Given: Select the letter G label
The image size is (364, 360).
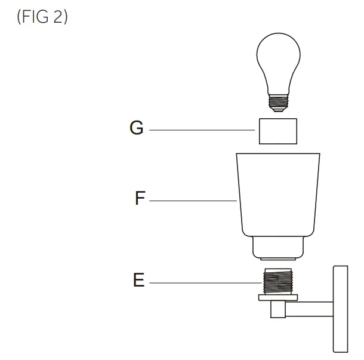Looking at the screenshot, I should pyautogui.click(x=137, y=128).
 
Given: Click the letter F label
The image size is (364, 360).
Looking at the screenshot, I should pyautogui.click(x=140, y=199).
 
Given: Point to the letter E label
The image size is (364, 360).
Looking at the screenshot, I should pyautogui.click(x=138, y=280).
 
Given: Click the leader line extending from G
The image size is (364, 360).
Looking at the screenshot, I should pyautogui.click(x=203, y=130).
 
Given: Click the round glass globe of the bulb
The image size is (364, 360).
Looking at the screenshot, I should pyautogui.click(x=278, y=60).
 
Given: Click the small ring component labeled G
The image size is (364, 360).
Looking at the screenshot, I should pyautogui.click(x=278, y=131).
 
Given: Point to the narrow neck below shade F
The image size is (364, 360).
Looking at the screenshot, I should pyautogui.click(x=278, y=247).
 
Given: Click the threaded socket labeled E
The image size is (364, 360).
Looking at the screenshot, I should pyautogui.click(x=278, y=281).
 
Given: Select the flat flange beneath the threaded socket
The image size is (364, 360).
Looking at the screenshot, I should pyautogui.click(x=278, y=297).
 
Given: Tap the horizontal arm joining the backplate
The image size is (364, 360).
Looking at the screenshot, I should pyautogui.click(x=310, y=309).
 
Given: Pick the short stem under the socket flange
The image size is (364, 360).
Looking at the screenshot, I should pyautogui.click(x=278, y=309).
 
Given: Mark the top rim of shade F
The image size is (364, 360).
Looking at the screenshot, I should pyautogui.click(x=278, y=155).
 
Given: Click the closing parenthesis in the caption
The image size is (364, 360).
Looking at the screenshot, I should pyautogui.click(x=65, y=17).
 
